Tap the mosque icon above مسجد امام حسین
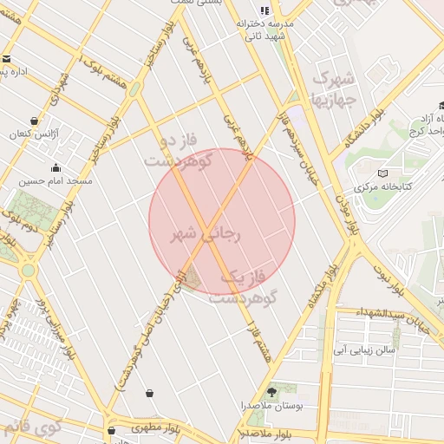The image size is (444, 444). (x=56, y=168)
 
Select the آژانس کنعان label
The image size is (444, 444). (x=31, y=134)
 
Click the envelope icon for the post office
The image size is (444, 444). (x=7, y=58)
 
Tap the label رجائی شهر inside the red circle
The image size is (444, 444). (x=207, y=234)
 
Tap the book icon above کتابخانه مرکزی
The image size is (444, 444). (x=383, y=173)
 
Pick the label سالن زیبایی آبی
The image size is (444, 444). (x=363, y=349)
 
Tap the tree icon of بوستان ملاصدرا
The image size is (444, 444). (x=273, y=392)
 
